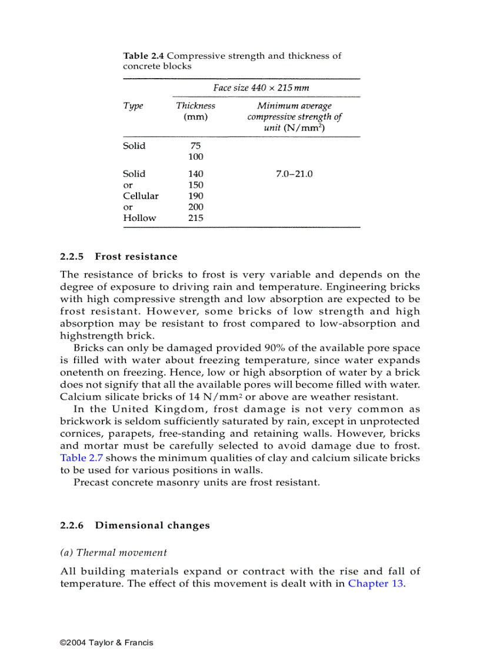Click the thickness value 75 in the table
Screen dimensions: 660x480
click(x=195, y=146)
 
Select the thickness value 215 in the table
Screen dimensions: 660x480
click(x=195, y=218)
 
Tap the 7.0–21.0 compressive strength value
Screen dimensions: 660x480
click(x=294, y=174)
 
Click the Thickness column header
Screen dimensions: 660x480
click(x=195, y=106)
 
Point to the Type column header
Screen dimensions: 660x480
click(x=133, y=106)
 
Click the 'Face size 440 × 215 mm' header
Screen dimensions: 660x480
click(x=261, y=88)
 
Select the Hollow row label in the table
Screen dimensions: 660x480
click(x=139, y=218)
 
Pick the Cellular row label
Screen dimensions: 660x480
click(x=141, y=196)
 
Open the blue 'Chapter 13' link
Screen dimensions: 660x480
click(x=376, y=584)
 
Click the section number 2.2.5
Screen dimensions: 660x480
click(x=72, y=257)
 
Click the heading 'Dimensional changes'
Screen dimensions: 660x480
click(x=152, y=525)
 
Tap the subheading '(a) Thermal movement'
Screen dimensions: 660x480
click(x=114, y=552)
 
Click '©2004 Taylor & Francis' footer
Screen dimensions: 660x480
click(x=106, y=642)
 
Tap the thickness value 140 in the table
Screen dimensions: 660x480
click(x=195, y=174)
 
